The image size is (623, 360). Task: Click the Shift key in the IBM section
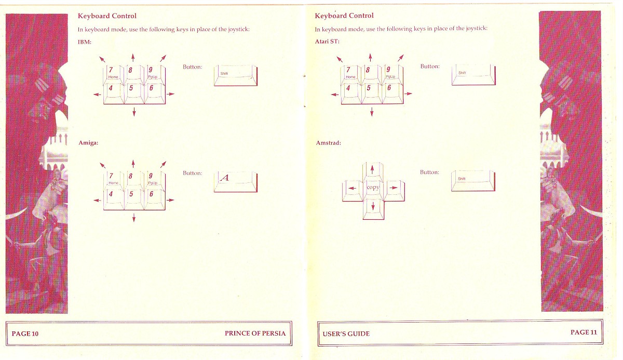coord(236,75)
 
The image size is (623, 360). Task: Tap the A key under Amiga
coord(236,182)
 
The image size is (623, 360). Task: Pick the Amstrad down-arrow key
coord(373,209)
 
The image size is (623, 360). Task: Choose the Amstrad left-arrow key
coord(353,191)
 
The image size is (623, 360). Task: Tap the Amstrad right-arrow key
coord(394,191)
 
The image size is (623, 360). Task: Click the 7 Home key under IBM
coord(114,75)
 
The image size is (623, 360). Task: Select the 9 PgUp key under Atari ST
coord(392,74)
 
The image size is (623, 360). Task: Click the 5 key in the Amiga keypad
coord(134,199)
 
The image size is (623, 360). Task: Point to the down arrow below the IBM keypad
coord(134,112)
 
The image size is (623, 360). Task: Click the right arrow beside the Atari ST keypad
coord(408,94)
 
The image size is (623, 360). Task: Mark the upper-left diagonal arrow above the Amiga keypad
coord(103,165)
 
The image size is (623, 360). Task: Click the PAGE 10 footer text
coord(25,334)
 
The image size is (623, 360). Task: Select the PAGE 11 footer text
coord(584,332)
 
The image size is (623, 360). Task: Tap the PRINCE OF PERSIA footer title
coord(255,334)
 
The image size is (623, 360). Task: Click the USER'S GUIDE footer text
coord(346,334)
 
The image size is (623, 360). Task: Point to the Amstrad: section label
coord(328,143)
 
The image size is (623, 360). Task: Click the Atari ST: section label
coord(327,42)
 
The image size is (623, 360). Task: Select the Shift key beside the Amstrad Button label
coord(473,181)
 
